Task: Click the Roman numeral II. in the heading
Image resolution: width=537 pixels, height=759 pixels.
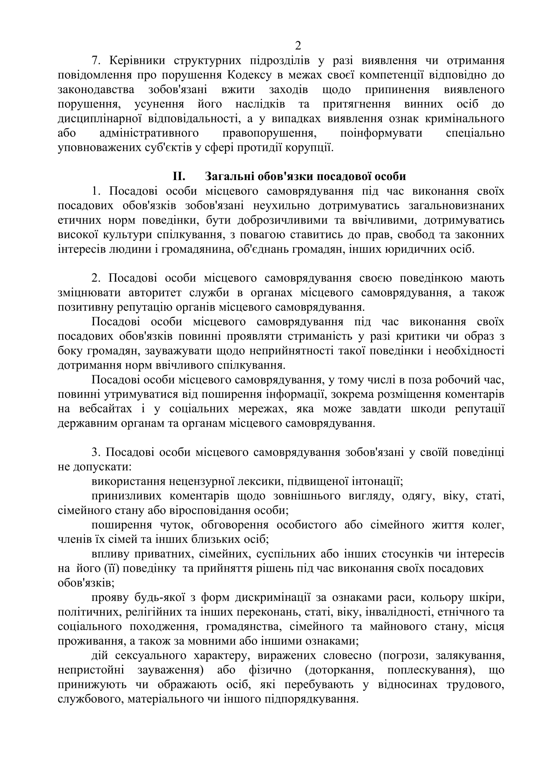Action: (179, 176)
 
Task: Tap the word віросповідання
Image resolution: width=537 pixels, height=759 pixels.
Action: (210, 510)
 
